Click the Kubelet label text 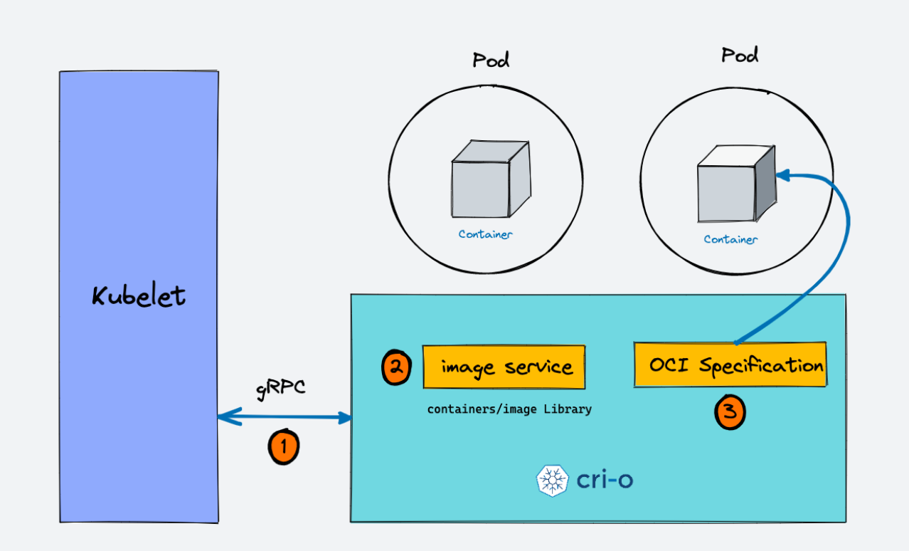[139, 295]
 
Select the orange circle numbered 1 [283, 447]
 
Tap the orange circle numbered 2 [396, 367]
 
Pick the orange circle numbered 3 [730, 413]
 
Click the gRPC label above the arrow [280, 389]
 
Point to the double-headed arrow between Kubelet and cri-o [285, 418]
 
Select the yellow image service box [504, 367]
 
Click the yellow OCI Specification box [730, 365]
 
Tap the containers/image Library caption [509, 409]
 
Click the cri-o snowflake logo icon [552, 481]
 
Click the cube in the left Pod [490, 179]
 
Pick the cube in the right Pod [735, 184]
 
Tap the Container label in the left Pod [485, 234]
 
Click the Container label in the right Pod [730, 239]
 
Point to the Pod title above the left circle [491, 60]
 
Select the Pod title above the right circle [740, 55]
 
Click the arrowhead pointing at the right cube [781, 174]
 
